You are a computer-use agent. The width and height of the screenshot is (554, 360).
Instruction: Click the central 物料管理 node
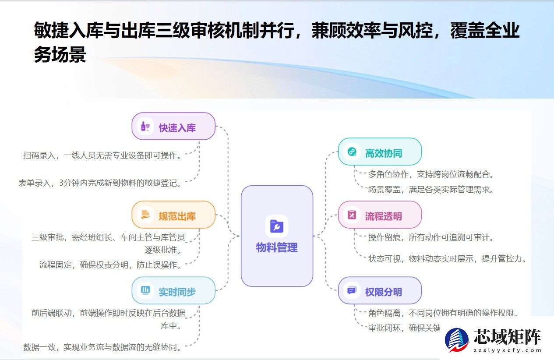coord(277,236)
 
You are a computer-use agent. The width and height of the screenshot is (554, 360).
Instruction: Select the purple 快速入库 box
coord(173,127)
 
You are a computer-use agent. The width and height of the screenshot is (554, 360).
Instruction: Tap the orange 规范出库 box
coord(173,215)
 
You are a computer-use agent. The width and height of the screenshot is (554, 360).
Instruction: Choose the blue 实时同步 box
coord(173,291)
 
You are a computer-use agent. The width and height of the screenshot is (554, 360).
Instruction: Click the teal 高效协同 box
coord(380,152)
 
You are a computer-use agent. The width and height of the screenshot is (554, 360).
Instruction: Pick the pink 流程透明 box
coord(380,215)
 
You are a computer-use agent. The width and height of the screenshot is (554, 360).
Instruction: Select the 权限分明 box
coord(380,291)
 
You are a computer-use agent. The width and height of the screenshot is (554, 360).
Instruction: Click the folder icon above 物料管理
coord(277,226)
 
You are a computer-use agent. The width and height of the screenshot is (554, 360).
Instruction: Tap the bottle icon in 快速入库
coord(145,127)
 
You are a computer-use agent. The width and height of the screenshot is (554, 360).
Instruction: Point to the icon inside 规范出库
coord(145,215)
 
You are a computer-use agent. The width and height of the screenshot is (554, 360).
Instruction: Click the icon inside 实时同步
coord(145,291)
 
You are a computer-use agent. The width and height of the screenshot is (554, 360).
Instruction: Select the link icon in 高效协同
coord(351,152)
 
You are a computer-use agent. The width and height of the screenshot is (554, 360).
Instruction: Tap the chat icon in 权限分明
coord(351,291)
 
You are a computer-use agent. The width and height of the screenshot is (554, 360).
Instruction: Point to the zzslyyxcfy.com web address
coord(508,350)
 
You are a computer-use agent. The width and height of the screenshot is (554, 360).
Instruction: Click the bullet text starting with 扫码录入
coord(102,155)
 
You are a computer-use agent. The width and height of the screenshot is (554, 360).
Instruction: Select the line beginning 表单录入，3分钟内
coord(100,183)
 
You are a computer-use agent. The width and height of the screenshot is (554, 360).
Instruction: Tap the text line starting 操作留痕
coord(431,237)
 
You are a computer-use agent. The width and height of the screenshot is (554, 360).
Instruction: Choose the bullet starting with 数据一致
coord(102,347)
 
